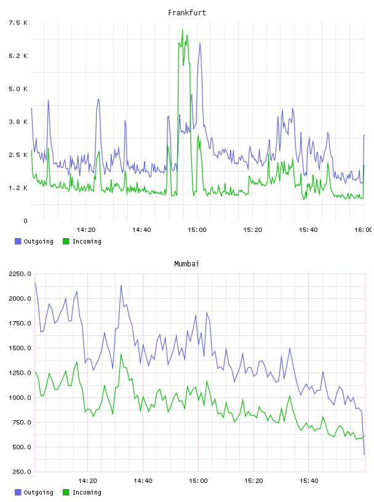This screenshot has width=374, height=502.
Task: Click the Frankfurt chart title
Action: pyautogui.click(x=187, y=12)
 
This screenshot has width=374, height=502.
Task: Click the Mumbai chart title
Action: pyautogui.click(x=186, y=263)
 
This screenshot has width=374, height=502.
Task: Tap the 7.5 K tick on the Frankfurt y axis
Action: pyautogui.click(x=18, y=23)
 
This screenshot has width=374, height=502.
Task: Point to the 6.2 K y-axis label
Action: pyautogui.click(x=18, y=56)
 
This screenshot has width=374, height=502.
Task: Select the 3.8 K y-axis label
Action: pyautogui.click(x=18, y=122)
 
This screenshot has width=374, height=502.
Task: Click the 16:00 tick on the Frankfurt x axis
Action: pyautogui.click(x=364, y=229)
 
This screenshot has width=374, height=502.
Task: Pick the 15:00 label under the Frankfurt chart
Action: pyautogui.click(x=197, y=229)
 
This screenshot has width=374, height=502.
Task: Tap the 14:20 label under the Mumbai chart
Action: pyautogui.click(x=87, y=480)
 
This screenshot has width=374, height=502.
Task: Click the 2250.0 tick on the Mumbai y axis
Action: pyautogui.click(x=20, y=274)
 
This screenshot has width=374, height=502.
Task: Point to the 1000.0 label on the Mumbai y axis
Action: pyautogui.click(x=20, y=397)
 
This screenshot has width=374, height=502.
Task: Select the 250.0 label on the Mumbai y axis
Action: pyautogui.click(x=22, y=472)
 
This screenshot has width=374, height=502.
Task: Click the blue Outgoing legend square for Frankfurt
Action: pyautogui.click(x=18, y=241)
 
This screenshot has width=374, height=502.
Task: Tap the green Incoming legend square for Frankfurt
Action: pyautogui.click(x=66, y=241)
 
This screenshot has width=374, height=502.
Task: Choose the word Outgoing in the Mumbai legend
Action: pyautogui.click(x=38, y=492)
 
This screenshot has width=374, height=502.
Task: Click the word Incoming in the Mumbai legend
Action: pyautogui.click(x=87, y=492)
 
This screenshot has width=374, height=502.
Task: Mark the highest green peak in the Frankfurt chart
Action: pyautogui.click(x=183, y=30)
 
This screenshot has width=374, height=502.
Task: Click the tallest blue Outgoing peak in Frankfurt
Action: pyautogui.click(x=200, y=43)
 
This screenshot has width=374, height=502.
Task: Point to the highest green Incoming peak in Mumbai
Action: pyautogui.click(x=121, y=354)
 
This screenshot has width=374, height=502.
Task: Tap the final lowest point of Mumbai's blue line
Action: pyautogui.click(x=364, y=455)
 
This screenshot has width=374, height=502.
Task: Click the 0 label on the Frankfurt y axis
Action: pyautogui.click(x=25, y=221)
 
